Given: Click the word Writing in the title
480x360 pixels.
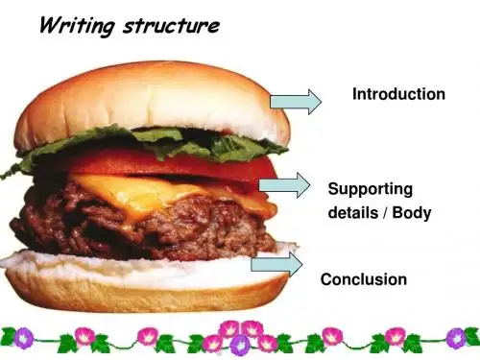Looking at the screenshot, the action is [x=77, y=25].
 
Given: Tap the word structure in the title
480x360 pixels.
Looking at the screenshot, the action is [x=172, y=26].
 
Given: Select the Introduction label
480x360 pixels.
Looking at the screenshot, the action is [x=398, y=94].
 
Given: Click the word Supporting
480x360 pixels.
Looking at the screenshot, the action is [x=371, y=189].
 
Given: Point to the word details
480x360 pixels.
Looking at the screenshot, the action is [x=353, y=212].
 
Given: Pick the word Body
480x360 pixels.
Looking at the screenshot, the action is [x=412, y=212].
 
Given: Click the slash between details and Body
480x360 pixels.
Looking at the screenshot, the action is [x=385, y=213].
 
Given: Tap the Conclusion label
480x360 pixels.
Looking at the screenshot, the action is [x=364, y=279].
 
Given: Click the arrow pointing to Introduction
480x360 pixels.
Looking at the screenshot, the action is [x=296, y=102].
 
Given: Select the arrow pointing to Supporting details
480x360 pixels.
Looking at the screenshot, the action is [x=284, y=185].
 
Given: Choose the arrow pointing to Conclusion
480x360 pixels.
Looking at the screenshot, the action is [x=276, y=264].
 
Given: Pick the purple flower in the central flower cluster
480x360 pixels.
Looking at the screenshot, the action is [x=240, y=345].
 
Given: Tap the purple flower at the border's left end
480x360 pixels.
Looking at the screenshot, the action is [x=23, y=338].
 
